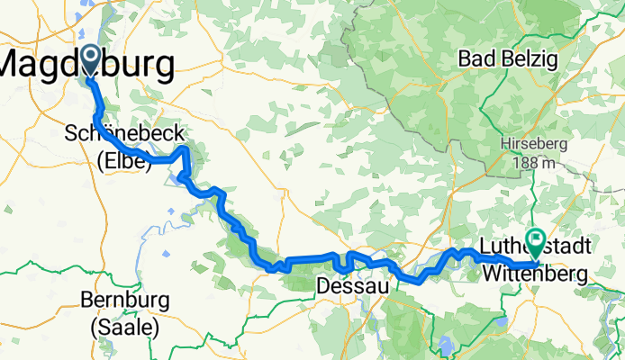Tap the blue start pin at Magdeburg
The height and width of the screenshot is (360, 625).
tap(91, 60)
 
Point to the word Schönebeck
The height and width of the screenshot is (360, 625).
tap(124, 134)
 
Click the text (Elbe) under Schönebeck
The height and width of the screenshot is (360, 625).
tap(124, 163)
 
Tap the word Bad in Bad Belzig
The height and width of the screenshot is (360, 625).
tap(477, 59)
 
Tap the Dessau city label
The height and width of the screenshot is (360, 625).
tap(347, 286)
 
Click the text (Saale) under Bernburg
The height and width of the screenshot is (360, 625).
tap(124, 327)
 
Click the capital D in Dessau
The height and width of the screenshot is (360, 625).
tap(323, 286)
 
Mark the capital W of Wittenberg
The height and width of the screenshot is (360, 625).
tap(492, 270)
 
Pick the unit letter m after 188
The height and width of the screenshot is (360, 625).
tap(548, 163)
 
